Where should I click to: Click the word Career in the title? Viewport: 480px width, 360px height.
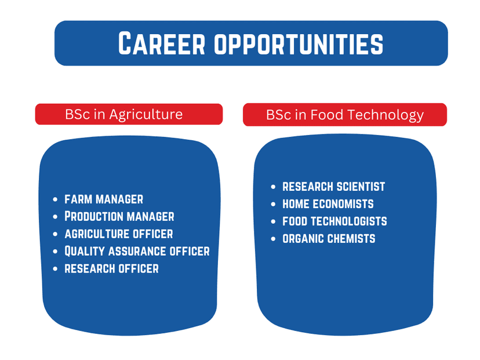162,43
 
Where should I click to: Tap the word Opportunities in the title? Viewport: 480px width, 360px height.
299,44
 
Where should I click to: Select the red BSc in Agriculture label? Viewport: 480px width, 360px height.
129,114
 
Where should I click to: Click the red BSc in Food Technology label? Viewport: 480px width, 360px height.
345,115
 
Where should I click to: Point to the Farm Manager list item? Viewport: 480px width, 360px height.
104,199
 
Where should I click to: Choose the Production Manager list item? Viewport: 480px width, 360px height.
119,216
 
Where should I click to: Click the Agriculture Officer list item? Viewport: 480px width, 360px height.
119,234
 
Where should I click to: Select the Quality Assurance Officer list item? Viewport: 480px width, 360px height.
137,251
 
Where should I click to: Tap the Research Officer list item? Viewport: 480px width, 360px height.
111,269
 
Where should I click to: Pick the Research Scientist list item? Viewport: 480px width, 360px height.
334,187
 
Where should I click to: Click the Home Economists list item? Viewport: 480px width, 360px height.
328,204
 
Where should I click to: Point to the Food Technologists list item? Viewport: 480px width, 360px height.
334,221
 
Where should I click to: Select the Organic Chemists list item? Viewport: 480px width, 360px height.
329,238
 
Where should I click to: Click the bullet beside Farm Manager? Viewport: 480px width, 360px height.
55,199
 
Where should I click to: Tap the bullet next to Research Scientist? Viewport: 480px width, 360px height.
273,187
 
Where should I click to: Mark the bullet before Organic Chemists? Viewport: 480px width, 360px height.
273,239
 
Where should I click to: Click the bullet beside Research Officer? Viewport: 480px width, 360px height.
55,269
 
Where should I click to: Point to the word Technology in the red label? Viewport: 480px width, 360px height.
386,115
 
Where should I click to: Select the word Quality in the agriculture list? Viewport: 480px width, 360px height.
85,251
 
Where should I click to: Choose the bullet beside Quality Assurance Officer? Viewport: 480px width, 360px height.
55,252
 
